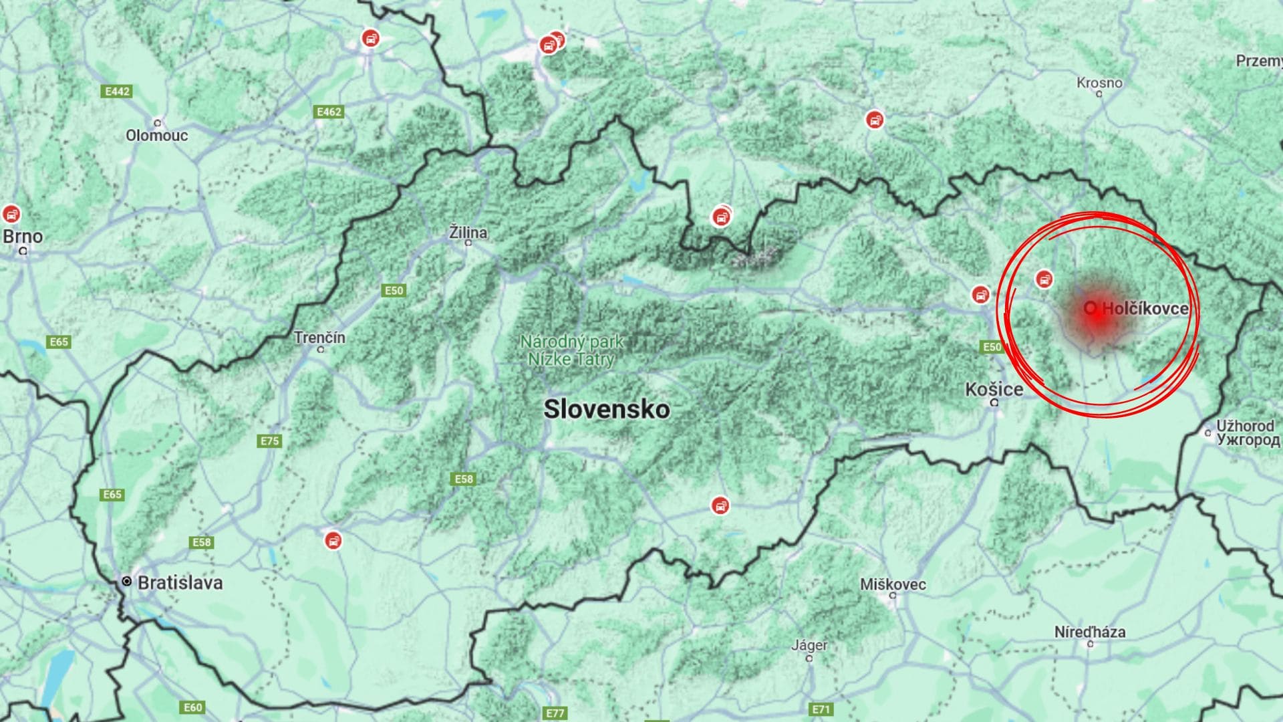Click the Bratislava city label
(179, 582)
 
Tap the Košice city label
(994, 389)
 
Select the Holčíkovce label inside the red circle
(1145, 308)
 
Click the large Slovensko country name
(606, 408)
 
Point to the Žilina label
(468, 232)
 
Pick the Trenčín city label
(319, 337)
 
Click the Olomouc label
(157, 135)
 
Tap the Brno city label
(23, 236)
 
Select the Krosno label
(1099, 83)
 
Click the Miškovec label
(893, 584)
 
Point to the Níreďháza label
(1089, 631)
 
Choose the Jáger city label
(809, 645)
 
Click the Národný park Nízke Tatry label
(571, 350)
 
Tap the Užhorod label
(1245, 426)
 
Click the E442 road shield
(118, 91)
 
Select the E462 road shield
(329, 112)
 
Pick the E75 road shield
(270, 441)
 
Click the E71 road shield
(821, 709)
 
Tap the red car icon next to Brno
(11, 215)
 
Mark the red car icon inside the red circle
(1044, 279)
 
